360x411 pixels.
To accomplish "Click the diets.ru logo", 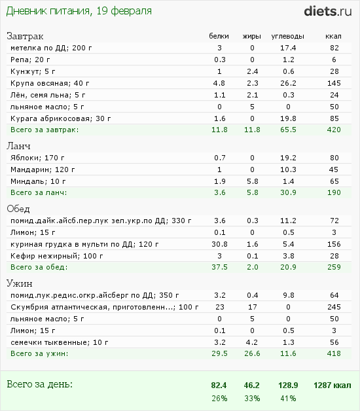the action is click(x=328, y=11).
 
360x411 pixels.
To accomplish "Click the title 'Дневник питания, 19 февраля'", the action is click(x=79, y=11).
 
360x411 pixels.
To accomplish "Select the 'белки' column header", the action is click(x=219, y=36).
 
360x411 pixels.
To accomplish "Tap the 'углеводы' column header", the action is click(x=287, y=37).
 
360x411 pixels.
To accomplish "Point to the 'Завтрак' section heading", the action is click(x=25, y=36).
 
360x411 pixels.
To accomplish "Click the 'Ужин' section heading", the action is click(x=20, y=283).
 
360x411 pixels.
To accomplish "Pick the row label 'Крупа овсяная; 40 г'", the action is click(x=50, y=83).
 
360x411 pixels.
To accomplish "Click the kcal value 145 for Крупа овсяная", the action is click(x=334, y=83).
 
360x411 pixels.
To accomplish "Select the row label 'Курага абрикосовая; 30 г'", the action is click(x=61, y=118).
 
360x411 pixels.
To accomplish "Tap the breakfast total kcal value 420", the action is click(x=334, y=130).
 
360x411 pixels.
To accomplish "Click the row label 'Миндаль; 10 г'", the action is click(x=38, y=181).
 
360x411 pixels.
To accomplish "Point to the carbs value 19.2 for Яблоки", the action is click(x=288, y=158).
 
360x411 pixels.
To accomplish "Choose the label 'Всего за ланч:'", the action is click(x=39, y=192).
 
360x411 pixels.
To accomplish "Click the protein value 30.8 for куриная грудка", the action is click(x=219, y=244).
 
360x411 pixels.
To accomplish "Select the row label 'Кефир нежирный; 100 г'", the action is click(x=57, y=256).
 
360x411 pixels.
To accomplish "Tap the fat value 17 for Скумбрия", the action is click(x=252, y=307).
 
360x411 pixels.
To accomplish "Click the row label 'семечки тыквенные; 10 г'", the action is click(x=60, y=342).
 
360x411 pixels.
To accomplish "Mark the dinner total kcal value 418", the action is click(x=334, y=353).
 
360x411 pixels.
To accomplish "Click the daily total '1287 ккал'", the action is click(x=333, y=385).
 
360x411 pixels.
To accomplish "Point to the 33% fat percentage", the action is click(x=252, y=399).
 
